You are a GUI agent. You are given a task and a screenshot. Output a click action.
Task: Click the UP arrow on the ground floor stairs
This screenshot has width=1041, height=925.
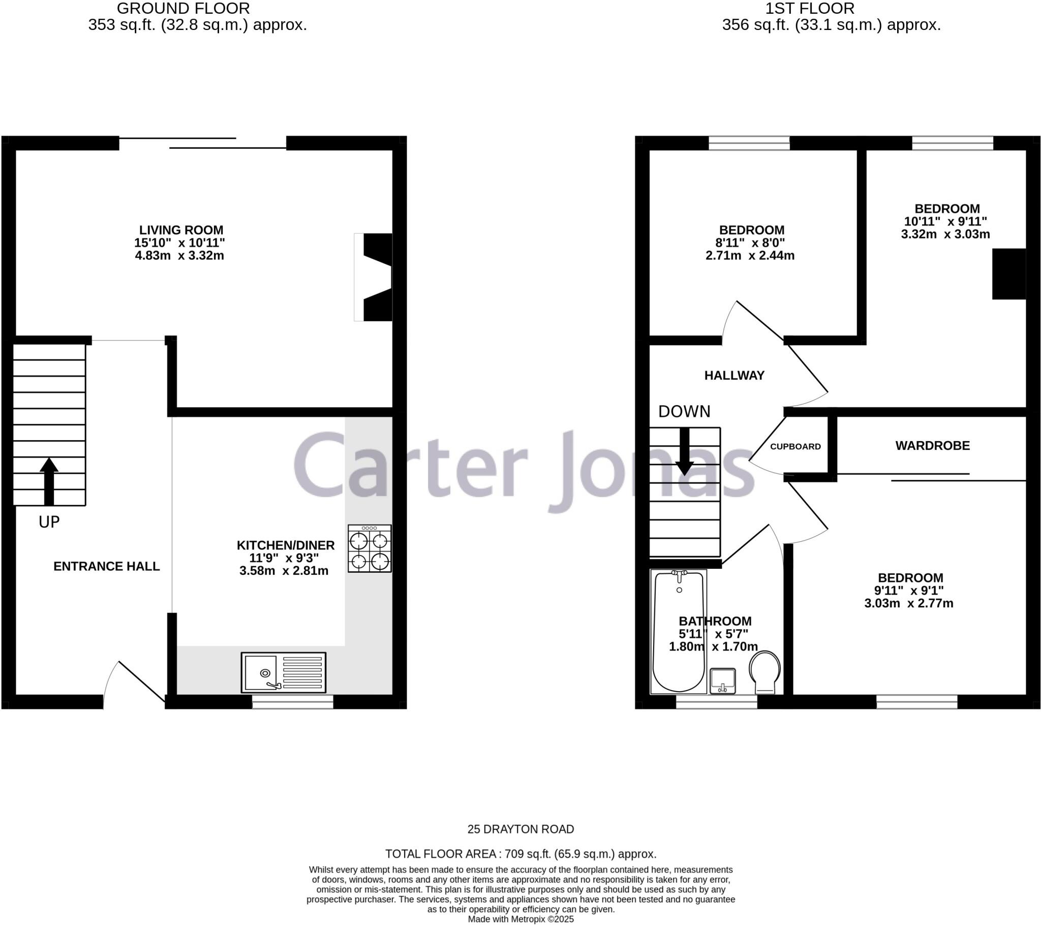(x=49, y=481)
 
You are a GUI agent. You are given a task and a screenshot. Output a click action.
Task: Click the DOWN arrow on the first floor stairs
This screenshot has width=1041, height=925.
(x=684, y=451)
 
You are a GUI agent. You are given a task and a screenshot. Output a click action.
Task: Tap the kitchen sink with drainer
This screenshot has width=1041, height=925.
(x=283, y=672)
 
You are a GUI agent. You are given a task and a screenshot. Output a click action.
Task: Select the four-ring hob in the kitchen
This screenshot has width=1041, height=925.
(x=370, y=548)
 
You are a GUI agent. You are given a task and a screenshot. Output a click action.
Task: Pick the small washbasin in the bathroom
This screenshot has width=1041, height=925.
(x=723, y=681)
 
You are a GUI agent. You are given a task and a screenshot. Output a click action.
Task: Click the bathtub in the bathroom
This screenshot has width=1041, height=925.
(x=679, y=631)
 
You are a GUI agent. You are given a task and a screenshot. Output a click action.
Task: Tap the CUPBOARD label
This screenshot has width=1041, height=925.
(x=795, y=447)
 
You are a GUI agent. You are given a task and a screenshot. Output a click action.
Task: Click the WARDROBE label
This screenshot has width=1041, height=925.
(x=933, y=446)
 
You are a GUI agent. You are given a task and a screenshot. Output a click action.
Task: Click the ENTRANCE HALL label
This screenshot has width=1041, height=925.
(x=106, y=566)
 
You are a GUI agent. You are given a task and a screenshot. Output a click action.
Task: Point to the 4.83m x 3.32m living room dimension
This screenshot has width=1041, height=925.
(x=179, y=256)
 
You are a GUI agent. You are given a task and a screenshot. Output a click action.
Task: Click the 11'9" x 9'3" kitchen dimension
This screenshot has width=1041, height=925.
(x=284, y=558)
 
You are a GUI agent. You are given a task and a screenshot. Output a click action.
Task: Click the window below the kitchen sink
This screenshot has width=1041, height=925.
(x=292, y=702)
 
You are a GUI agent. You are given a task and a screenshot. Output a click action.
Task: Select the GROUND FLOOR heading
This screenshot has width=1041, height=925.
(x=183, y=8)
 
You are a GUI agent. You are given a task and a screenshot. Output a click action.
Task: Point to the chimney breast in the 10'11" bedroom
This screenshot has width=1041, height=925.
(x=1008, y=274)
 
